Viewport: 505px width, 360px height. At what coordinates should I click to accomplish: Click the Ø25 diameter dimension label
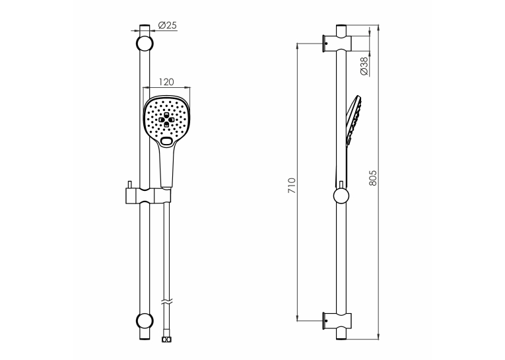click(168, 25)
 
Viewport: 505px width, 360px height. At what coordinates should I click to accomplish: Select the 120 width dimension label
click(166, 82)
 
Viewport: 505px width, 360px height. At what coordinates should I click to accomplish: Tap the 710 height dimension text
click(292, 186)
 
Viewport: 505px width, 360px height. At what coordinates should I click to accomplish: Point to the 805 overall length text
click(372, 178)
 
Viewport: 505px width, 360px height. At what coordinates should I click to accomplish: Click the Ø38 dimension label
click(364, 66)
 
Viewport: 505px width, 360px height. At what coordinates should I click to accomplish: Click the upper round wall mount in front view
click(145, 43)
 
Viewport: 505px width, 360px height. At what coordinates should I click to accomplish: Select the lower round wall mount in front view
click(145, 320)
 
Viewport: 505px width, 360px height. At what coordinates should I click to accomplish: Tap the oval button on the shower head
click(166, 141)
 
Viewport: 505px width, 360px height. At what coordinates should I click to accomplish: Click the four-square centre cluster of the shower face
click(166, 120)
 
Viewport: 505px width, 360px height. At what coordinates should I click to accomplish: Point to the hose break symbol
click(166, 303)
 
